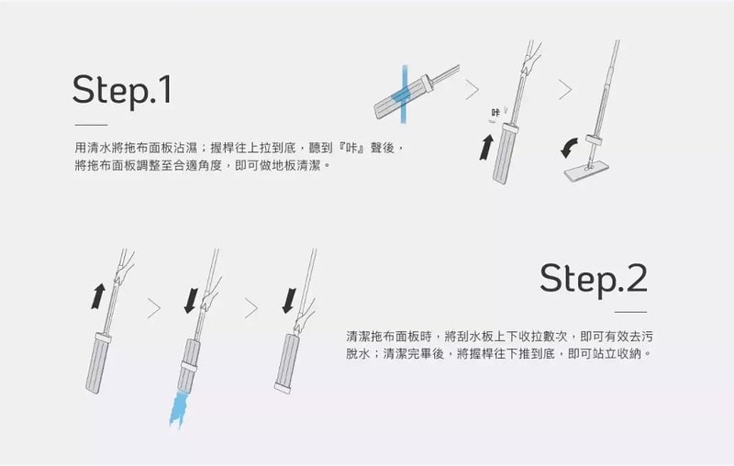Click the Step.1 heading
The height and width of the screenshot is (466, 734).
(x=122, y=90)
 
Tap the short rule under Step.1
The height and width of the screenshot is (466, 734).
(x=91, y=126)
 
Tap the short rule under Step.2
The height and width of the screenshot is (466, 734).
(x=629, y=313)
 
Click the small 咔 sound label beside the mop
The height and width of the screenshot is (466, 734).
(x=496, y=112)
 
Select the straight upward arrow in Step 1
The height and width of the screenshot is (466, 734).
(x=486, y=146)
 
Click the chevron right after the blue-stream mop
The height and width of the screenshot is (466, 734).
(x=473, y=90)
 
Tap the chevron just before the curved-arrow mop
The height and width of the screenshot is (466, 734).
(x=564, y=90)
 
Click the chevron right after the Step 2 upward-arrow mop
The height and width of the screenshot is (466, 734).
(x=153, y=308)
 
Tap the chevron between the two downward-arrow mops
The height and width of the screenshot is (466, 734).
(x=250, y=308)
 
